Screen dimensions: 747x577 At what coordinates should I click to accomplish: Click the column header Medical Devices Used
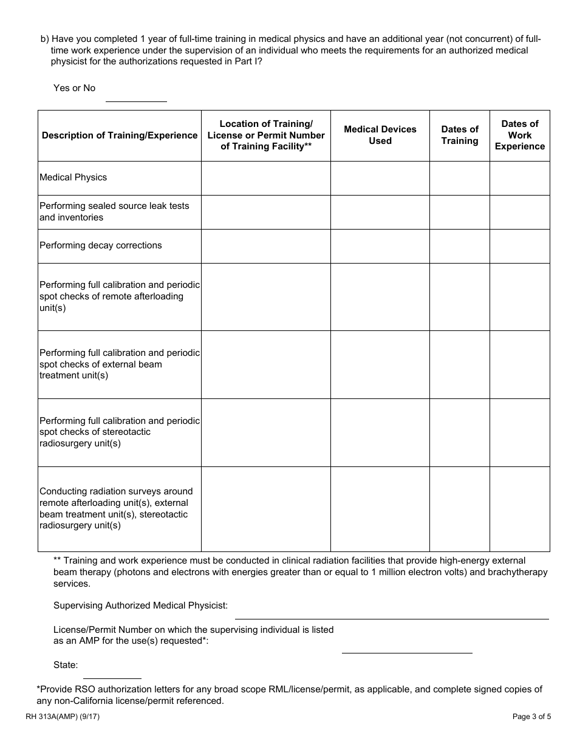380,135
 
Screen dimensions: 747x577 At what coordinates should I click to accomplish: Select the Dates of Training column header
460,135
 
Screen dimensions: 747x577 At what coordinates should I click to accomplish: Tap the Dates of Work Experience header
520,135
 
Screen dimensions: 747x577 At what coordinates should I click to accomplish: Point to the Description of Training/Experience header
120,135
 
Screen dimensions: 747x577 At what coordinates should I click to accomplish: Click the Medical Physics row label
73,177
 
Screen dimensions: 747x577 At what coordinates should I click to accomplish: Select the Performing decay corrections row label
101,245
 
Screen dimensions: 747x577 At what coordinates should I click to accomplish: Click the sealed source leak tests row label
114,211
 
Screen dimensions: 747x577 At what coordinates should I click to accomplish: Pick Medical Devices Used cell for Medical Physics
380,178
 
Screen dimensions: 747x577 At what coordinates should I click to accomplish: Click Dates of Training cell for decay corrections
460,246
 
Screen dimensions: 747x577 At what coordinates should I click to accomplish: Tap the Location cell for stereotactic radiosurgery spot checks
266,432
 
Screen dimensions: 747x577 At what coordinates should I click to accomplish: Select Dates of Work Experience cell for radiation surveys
520,509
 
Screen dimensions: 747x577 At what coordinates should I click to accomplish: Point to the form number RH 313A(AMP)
63,717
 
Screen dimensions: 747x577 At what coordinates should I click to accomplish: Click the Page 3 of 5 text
531,717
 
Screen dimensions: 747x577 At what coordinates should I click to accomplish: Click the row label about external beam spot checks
120,364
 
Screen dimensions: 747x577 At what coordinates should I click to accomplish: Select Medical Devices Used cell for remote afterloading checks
380,297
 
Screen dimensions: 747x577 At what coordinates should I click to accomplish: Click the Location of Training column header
266,135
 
